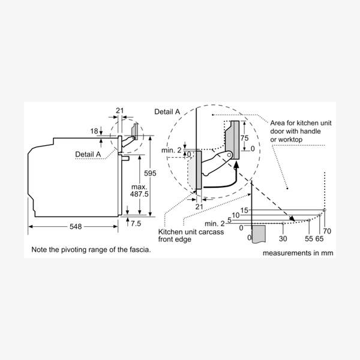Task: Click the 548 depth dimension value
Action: [75, 226]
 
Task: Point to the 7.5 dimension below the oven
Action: [135, 223]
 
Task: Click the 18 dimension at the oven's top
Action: [95, 131]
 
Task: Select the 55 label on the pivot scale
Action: [308, 238]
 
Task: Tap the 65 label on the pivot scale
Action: [319, 238]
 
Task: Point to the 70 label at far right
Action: [327, 231]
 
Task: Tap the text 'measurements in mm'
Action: [297, 253]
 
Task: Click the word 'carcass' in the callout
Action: [215, 232]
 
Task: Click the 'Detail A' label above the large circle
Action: [167, 112]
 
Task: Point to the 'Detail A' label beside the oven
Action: [88, 154]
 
